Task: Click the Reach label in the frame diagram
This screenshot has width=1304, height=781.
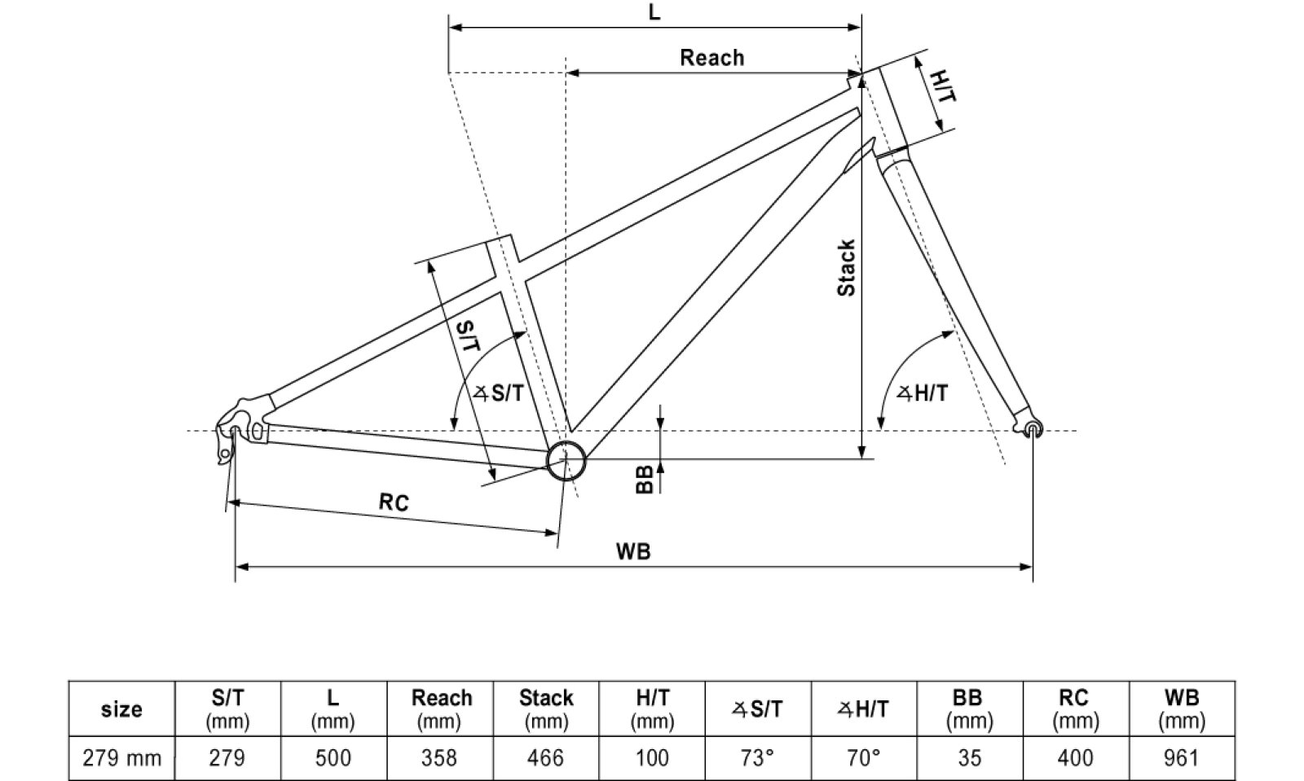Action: point(711,58)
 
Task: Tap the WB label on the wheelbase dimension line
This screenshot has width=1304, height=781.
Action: point(633,551)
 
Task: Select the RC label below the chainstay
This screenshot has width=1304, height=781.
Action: point(394,502)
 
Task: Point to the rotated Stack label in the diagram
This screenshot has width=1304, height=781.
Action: point(847,268)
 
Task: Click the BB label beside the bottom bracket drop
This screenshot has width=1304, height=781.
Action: point(645,480)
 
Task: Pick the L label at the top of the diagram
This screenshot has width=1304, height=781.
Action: point(654,13)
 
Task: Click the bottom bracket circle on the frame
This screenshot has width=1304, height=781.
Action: point(566,461)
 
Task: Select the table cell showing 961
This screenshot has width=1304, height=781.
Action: point(1181,758)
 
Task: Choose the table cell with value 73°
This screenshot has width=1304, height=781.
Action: point(757,758)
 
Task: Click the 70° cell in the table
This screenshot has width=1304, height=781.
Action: point(864,758)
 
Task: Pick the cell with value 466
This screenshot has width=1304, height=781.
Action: point(545,758)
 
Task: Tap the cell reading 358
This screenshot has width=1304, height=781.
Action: point(439,758)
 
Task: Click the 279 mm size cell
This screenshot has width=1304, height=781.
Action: point(122,758)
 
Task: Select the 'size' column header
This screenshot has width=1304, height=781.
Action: point(122,709)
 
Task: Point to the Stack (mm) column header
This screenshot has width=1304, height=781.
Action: point(545,709)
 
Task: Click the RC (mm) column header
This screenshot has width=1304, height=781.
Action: point(1075,709)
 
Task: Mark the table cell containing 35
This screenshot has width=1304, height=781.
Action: point(969,758)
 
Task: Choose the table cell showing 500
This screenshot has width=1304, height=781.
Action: point(333,758)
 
